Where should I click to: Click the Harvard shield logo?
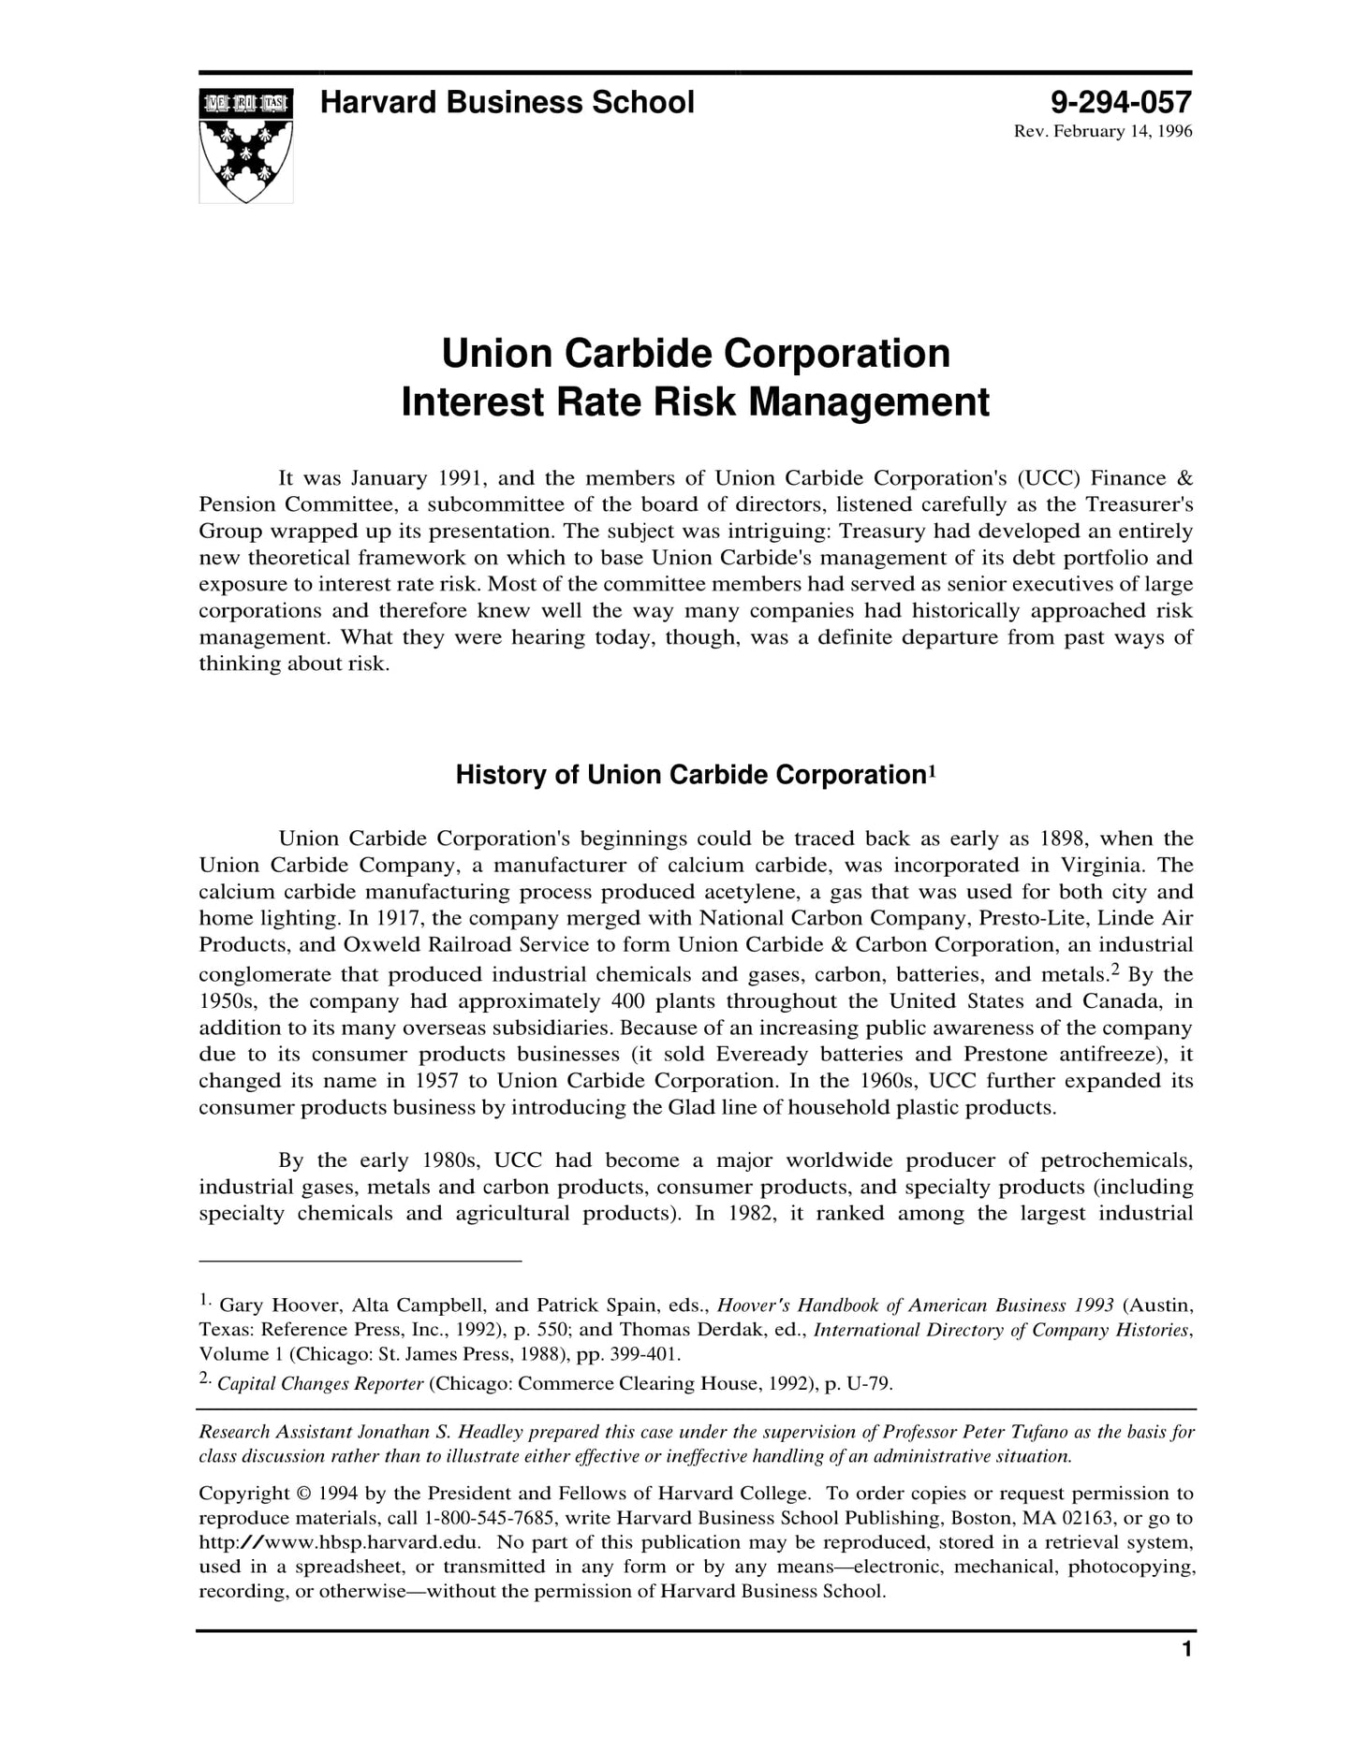pos(245,146)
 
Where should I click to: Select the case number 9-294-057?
pos(1121,102)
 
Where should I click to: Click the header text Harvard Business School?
pos(507,102)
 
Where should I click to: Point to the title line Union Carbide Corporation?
pos(695,354)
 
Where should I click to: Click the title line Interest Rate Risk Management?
pos(695,402)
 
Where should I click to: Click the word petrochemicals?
pos(1116,1161)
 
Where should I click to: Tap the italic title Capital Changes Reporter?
pos(320,1384)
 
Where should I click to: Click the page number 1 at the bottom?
pos(1186,1650)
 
